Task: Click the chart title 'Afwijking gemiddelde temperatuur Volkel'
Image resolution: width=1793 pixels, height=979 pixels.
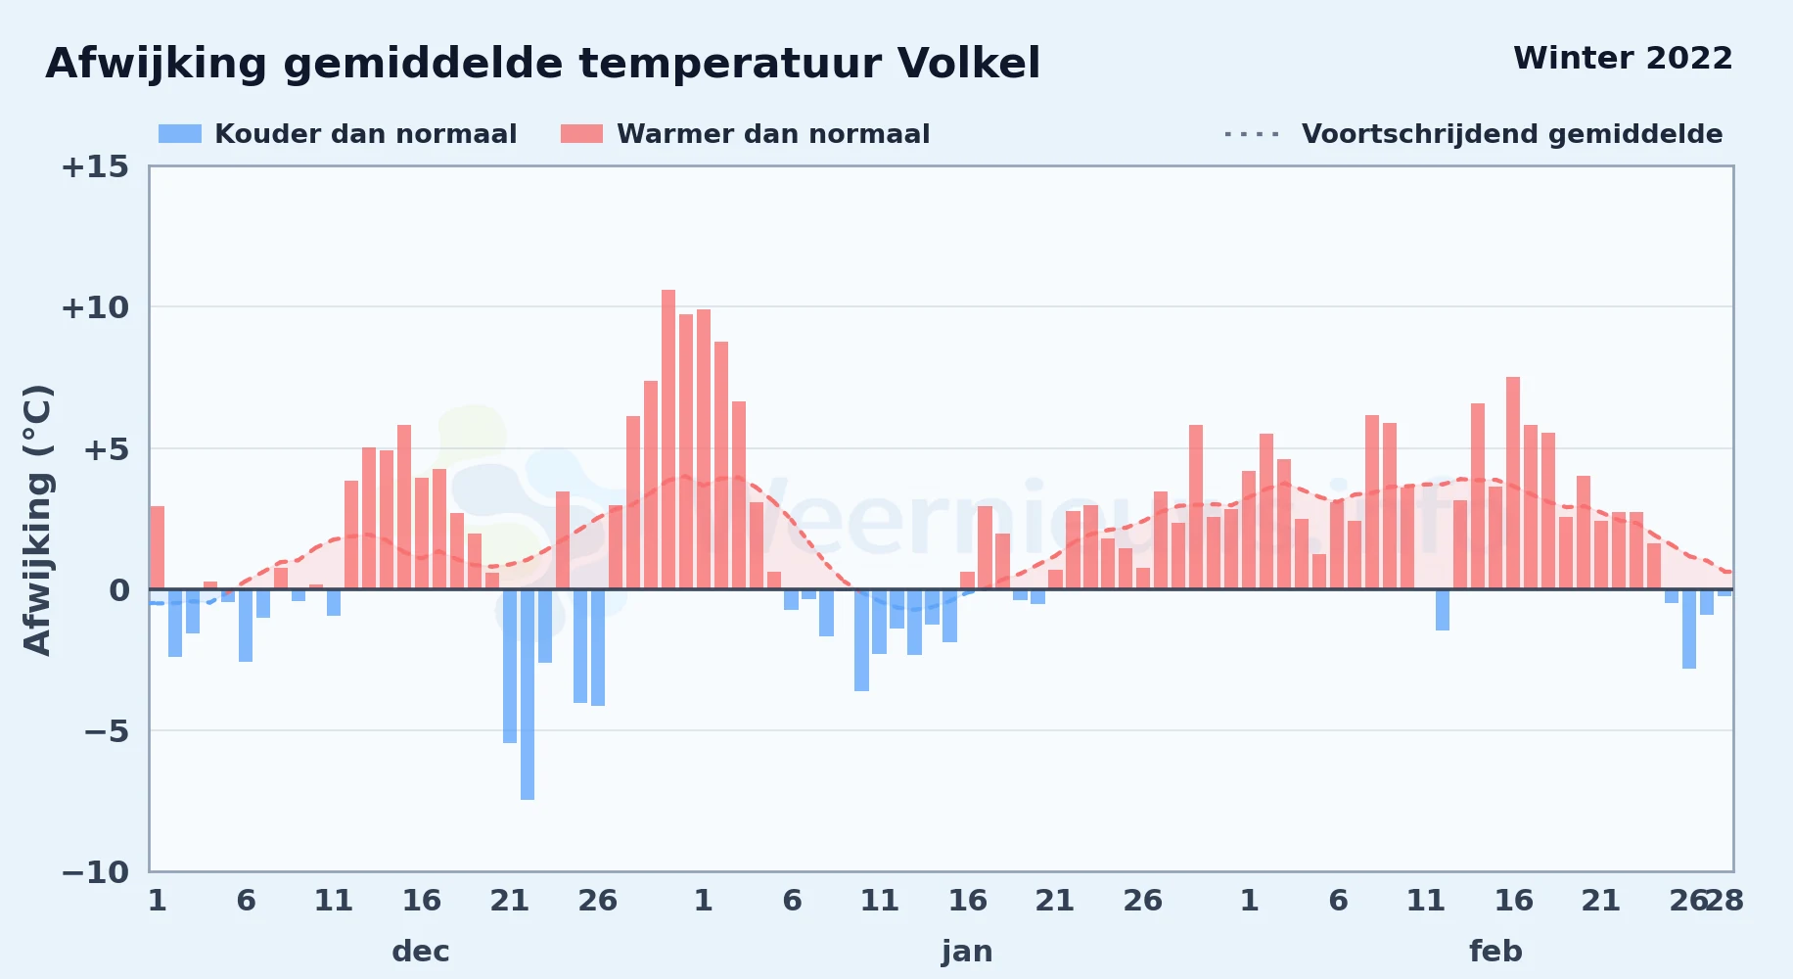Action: tap(543, 64)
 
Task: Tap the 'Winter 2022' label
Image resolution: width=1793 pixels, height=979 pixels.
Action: tap(1623, 58)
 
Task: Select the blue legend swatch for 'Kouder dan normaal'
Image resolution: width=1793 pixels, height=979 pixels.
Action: tap(180, 134)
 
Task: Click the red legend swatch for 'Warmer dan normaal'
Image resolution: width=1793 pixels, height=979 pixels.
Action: tap(581, 134)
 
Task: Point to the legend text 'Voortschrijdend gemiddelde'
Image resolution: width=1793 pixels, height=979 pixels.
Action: tap(1512, 134)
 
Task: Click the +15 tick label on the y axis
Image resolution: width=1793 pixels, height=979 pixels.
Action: tap(95, 166)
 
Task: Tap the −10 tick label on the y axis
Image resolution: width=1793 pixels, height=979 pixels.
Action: tap(95, 871)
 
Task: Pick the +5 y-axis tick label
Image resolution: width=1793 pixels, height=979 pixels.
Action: tap(106, 449)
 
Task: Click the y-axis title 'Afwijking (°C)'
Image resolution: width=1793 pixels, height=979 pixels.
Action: tap(37, 519)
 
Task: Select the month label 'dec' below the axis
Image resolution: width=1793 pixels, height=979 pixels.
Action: tap(421, 951)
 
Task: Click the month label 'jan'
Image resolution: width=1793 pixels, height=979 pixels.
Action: tap(967, 951)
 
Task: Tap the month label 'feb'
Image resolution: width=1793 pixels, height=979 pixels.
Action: tap(1495, 951)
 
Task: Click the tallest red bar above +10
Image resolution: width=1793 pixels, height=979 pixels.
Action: tap(668, 440)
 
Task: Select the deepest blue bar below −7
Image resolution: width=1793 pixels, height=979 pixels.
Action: tap(528, 694)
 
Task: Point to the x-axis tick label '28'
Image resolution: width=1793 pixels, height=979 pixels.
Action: tap(1724, 900)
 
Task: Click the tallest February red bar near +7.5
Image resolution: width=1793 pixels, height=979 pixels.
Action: tap(1513, 483)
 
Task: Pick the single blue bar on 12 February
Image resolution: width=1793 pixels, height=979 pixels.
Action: tap(1443, 610)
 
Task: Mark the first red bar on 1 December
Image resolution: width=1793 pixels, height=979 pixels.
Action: tap(158, 547)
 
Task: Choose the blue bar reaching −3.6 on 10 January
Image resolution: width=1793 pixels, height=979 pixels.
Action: tap(861, 640)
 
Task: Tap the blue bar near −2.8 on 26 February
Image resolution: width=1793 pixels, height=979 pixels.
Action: tap(1689, 629)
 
